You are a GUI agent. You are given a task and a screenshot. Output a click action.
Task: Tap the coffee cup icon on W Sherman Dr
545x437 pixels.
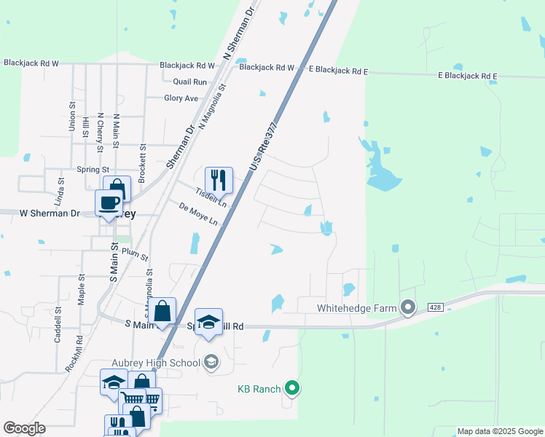tap(109, 202)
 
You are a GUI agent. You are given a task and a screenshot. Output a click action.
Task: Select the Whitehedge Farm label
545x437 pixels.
tap(357, 308)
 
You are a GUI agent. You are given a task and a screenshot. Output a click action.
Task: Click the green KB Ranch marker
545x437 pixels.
tap(292, 388)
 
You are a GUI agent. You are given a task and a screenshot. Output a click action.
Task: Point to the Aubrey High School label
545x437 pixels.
tap(166, 363)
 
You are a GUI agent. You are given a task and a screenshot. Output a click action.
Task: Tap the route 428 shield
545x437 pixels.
tap(435, 307)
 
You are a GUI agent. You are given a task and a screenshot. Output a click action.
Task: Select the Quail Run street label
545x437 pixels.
tap(190, 82)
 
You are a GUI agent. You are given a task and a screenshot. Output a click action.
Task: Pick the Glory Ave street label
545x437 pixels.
tap(181, 98)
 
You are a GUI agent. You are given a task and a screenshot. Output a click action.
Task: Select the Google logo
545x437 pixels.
tap(24, 428)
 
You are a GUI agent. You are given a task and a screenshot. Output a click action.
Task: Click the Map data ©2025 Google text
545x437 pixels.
tap(500, 431)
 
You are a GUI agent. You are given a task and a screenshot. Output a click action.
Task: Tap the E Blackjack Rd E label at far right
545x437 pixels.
tap(467, 76)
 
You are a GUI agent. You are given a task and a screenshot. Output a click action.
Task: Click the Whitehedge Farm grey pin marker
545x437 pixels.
tap(408, 308)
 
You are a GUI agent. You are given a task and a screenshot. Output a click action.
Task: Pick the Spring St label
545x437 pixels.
tap(93, 170)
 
